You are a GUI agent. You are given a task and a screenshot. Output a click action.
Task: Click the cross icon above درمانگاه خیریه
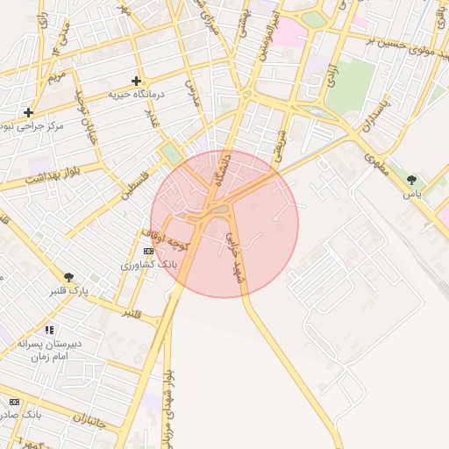coord(136,81)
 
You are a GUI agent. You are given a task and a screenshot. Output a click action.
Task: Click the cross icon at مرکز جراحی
coord(29,112)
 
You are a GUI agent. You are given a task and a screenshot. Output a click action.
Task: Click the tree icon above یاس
coord(411,180)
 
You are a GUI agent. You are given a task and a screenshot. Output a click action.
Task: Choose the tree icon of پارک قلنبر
coord(68,277)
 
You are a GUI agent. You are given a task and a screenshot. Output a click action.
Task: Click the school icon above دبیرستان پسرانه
coord(49,331)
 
